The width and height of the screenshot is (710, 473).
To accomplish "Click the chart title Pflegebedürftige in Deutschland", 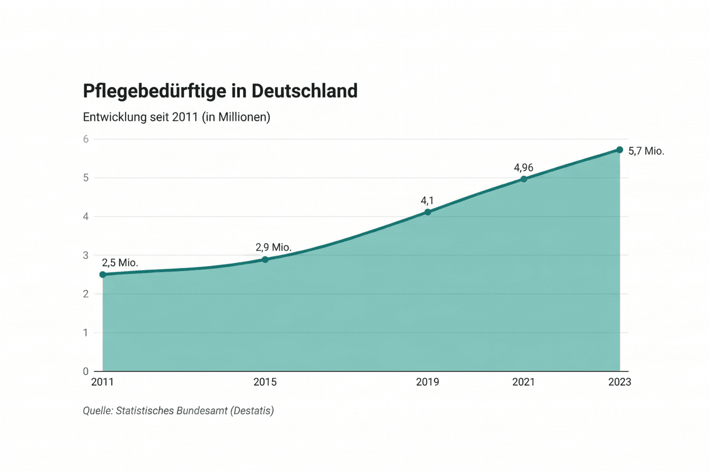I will pos(220,91).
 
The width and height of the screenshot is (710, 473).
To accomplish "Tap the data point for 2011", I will pos(103,274).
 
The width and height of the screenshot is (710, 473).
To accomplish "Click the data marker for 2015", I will pos(265,259).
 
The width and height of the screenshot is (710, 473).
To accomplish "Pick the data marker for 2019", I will pos(427,212).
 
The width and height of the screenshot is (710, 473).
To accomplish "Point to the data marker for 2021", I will pos(524,179).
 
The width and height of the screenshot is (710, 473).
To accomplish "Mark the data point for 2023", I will pos(620,149).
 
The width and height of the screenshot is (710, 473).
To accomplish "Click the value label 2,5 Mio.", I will pos(120,263).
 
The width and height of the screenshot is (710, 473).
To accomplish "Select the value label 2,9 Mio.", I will pos(273,247).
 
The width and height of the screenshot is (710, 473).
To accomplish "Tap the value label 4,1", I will pos(427,201).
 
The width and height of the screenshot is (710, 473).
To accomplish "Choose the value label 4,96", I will pos(524,167).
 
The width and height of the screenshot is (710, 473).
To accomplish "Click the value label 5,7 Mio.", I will pos(646,151).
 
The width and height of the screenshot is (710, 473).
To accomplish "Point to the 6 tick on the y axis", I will pos(86,139).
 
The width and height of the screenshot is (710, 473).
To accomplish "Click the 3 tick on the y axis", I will pos(86,255).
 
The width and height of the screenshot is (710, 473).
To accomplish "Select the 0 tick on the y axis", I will pos(86,371).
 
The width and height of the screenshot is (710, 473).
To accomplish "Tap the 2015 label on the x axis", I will pos(265,382).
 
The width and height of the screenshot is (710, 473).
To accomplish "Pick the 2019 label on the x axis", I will pos(427,382).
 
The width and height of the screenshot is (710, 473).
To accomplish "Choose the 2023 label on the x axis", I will pos(620,382).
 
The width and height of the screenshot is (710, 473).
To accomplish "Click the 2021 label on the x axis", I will pos(524,382).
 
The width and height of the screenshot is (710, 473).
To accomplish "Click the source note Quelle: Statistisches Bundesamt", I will pos(178,411).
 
